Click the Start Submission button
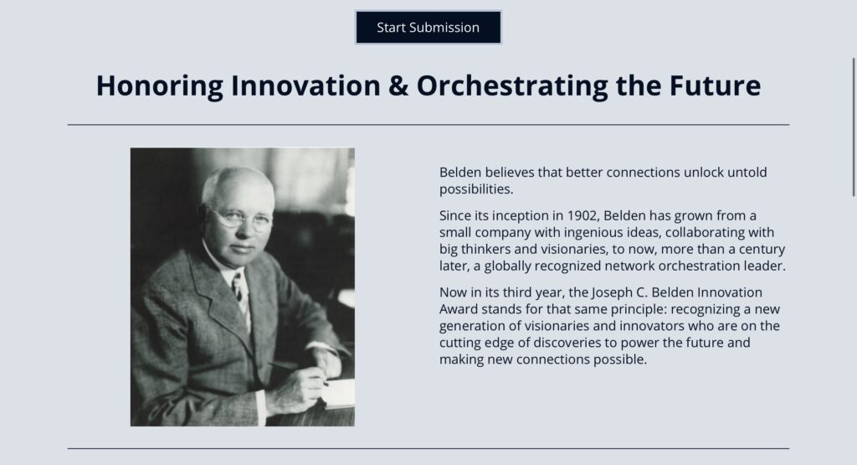point(428,28)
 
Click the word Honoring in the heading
point(160,86)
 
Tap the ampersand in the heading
point(398,85)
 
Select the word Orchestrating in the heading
point(512,86)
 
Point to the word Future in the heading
point(715,85)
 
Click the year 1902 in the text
point(581,215)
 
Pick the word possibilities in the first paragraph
point(476,189)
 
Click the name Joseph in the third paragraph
point(612,292)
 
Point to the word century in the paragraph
point(762,250)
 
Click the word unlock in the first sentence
point(703,173)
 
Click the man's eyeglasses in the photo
point(239,218)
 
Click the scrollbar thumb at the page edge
point(854,127)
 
